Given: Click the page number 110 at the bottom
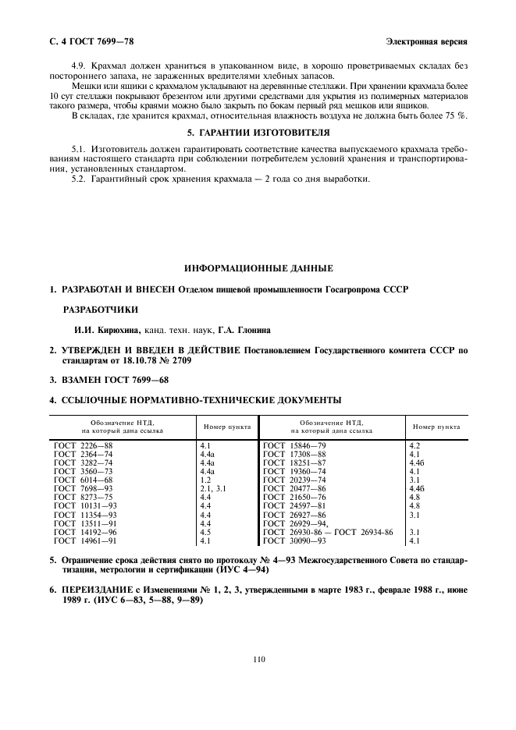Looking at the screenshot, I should tap(259, 659).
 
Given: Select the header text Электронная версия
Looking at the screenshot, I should tap(426, 41).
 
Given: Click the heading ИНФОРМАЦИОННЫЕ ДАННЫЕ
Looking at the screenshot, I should tap(258, 268).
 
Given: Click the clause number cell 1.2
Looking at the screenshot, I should tap(206, 482).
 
